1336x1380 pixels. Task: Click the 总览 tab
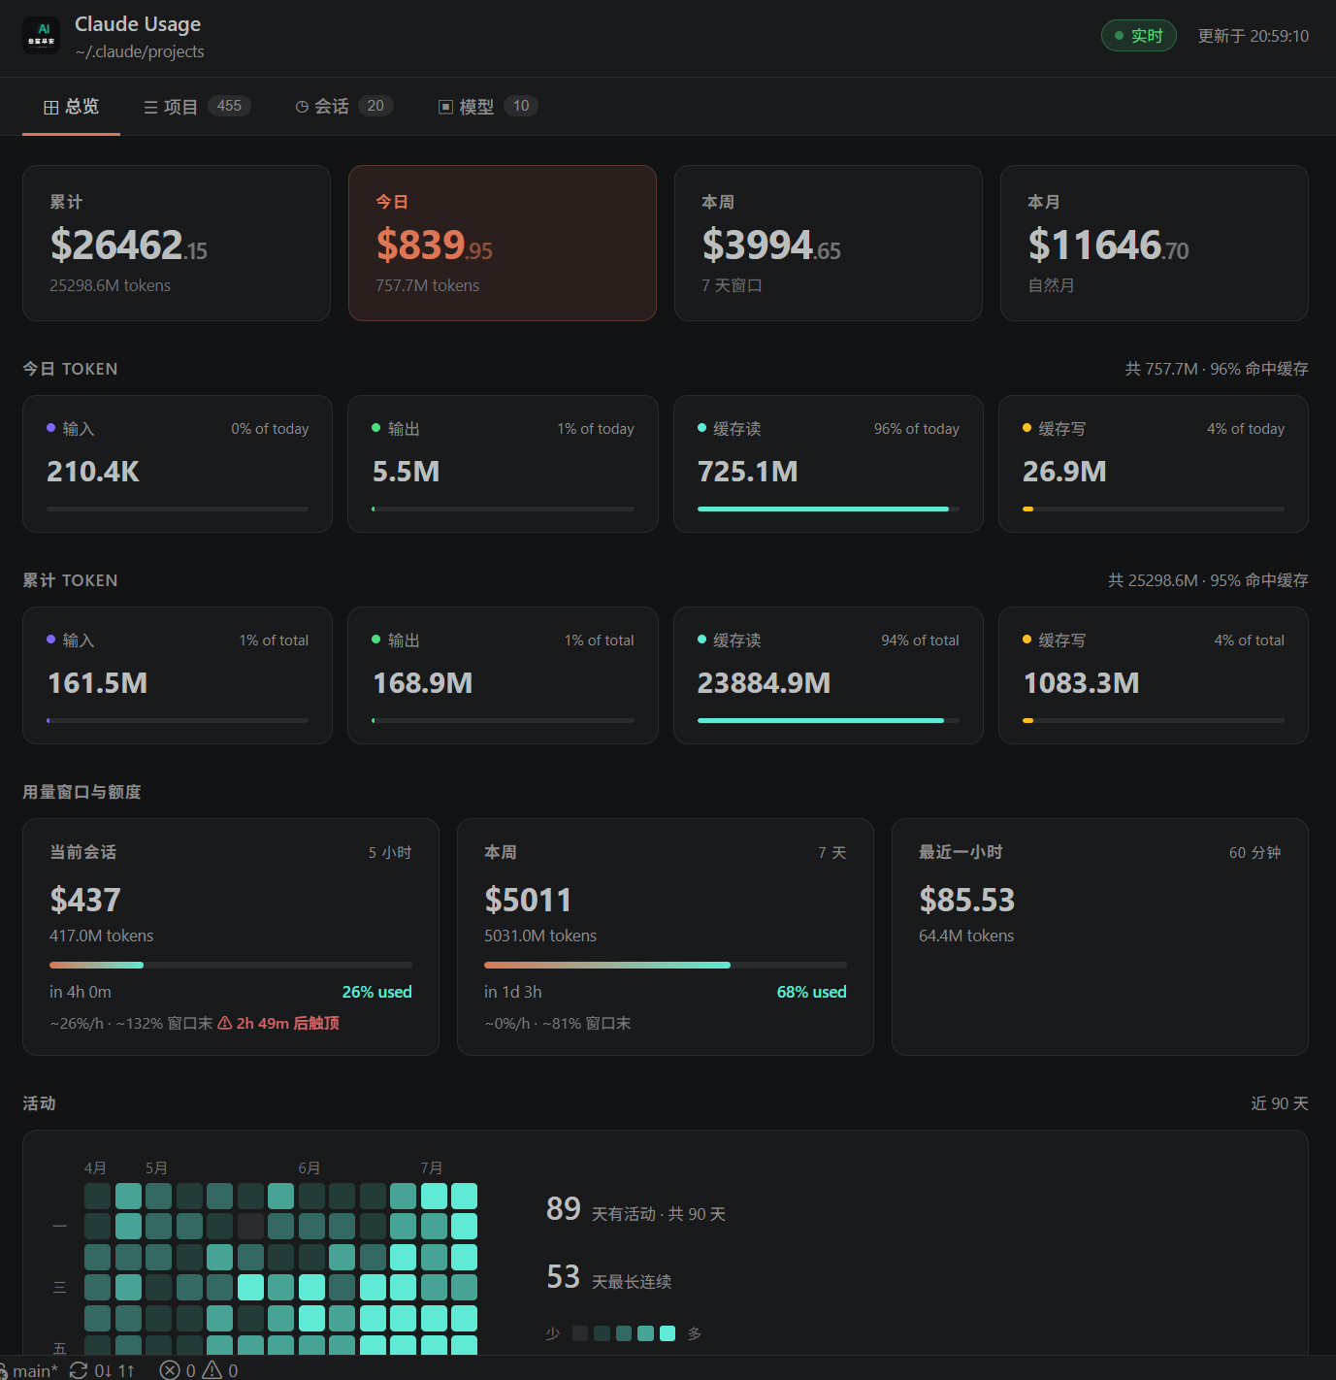pyautogui.click(x=71, y=107)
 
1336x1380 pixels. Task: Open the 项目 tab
pyautogui.click(x=196, y=107)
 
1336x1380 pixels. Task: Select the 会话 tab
pyautogui.click(x=343, y=107)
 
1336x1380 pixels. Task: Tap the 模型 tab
pyautogui.click(x=488, y=107)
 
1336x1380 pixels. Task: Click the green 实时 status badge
pyautogui.click(x=1138, y=36)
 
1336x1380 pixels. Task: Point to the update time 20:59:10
pyautogui.click(x=1279, y=36)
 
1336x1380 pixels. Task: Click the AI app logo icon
pyautogui.click(x=41, y=36)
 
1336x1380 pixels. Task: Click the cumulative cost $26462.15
pyautogui.click(x=128, y=245)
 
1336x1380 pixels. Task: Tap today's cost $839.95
pyautogui.click(x=434, y=245)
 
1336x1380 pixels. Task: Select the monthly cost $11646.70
pyautogui.click(x=1108, y=245)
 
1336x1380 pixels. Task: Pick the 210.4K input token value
pyautogui.click(x=93, y=472)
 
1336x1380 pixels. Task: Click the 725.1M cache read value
pyautogui.click(x=747, y=472)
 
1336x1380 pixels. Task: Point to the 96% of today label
pyautogui.click(x=916, y=429)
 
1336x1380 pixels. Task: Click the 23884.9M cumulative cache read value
pyautogui.click(x=764, y=683)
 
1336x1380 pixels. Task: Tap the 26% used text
pyautogui.click(x=376, y=992)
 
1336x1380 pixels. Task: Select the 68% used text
pyautogui.click(x=811, y=992)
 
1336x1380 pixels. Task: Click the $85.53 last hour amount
pyautogui.click(x=966, y=900)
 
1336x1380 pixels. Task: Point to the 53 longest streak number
pyautogui.click(x=563, y=1276)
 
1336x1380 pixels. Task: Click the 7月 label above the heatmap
pyautogui.click(x=431, y=1168)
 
